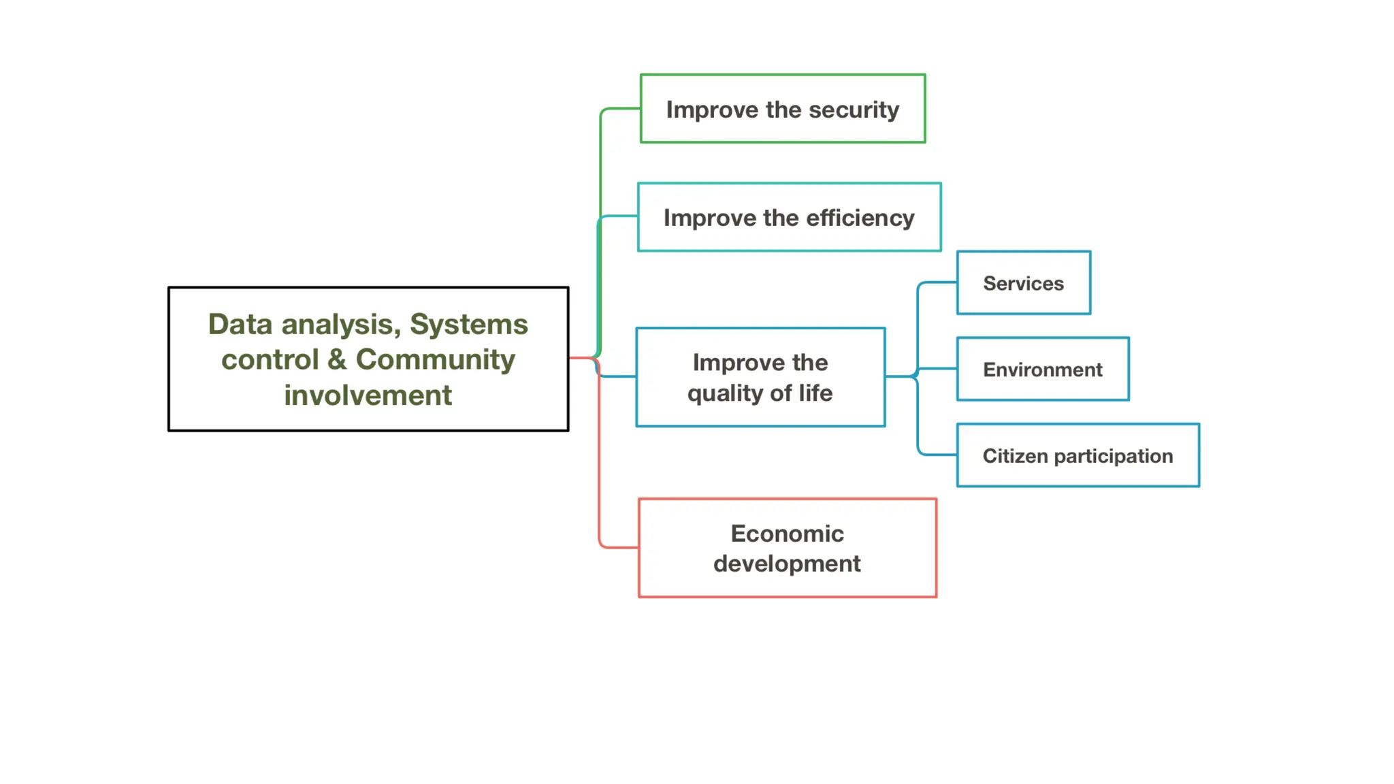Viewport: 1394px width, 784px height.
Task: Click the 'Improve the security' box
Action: [x=783, y=109]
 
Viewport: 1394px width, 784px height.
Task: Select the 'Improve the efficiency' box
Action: [x=790, y=217]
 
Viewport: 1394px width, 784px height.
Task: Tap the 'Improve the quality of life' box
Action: [x=760, y=378]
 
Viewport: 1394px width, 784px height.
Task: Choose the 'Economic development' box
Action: [x=788, y=548]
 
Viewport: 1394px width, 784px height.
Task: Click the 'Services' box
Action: [x=1024, y=283]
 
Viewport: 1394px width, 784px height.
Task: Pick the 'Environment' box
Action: [x=1043, y=370]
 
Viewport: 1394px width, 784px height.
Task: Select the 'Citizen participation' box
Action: [x=1078, y=455]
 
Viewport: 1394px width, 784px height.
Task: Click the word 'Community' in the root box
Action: [x=436, y=359]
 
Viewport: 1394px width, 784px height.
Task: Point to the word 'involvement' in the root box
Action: [x=368, y=395]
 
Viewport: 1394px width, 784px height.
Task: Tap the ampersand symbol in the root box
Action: [x=337, y=359]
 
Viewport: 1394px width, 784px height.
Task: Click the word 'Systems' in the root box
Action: [x=469, y=324]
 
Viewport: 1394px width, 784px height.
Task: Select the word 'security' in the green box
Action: [x=854, y=110]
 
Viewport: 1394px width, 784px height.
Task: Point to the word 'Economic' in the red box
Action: [x=788, y=534]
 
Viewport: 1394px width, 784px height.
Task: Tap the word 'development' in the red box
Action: [x=788, y=564]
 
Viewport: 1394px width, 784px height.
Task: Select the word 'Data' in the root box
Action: [x=240, y=324]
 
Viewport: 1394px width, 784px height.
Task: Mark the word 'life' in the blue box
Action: [x=815, y=393]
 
